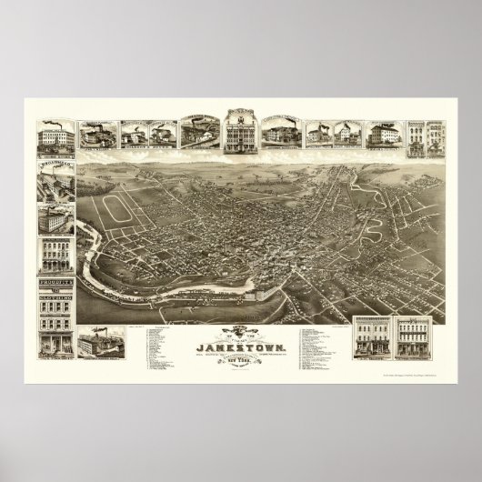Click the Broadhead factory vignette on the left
pyautogui.click(x=55, y=182)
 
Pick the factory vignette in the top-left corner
pyautogui.click(x=56, y=141)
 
